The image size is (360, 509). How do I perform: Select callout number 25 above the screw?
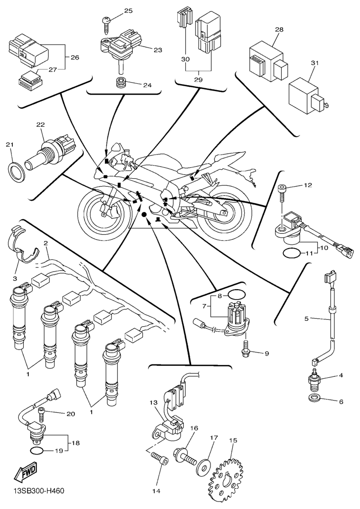point(128,11)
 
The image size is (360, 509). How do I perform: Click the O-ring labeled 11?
point(292,254)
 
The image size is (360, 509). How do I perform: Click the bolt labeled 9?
point(245,349)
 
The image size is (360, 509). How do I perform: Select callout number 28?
point(279,30)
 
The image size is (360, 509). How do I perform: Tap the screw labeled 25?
point(106,20)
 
